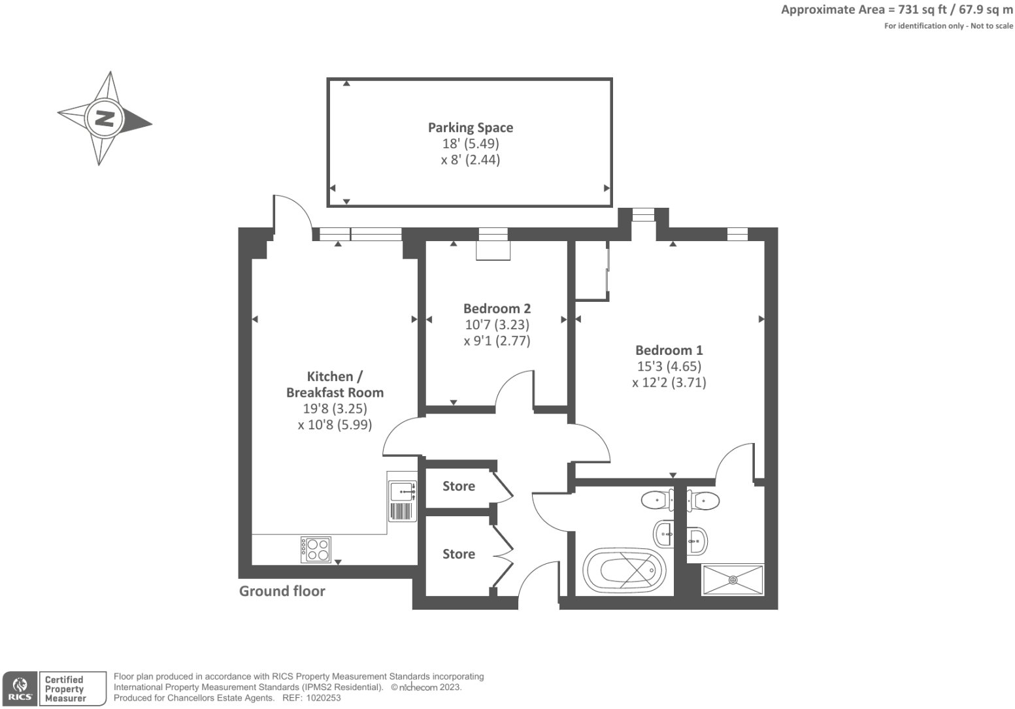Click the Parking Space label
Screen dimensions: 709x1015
pyautogui.click(x=470, y=128)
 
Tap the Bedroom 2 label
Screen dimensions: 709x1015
pyautogui.click(x=497, y=308)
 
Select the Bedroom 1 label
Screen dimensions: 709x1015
pyautogui.click(x=669, y=350)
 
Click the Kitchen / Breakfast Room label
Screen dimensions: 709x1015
pyautogui.click(x=335, y=384)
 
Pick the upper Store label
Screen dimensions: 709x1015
pyautogui.click(x=458, y=486)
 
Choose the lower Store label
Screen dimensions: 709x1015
pyautogui.click(x=458, y=554)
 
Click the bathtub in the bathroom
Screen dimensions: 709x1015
pyautogui.click(x=624, y=570)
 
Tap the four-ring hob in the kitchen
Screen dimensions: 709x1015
pyautogui.click(x=316, y=550)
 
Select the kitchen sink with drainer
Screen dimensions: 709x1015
pyautogui.click(x=402, y=501)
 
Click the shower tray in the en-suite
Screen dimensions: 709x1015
pyautogui.click(x=732, y=580)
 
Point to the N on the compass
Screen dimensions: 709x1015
pyautogui.click(x=105, y=118)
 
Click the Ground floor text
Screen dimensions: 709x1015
pyautogui.click(x=282, y=591)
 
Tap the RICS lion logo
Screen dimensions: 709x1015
pyautogui.click(x=20, y=688)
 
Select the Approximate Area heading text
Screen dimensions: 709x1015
pyautogui.click(x=896, y=10)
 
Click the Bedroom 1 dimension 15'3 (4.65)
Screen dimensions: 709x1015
pyautogui.click(x=669, y=367)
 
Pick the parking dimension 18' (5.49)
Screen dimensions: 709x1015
pyautogui.click(x=470, y=144)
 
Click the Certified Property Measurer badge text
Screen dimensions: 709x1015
pyautogui.click(x=65, y=689)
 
